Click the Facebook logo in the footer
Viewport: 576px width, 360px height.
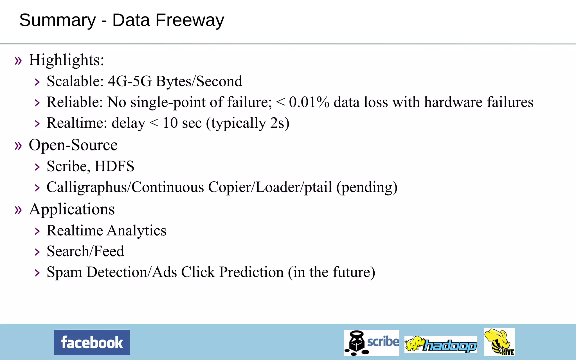coord(92,342)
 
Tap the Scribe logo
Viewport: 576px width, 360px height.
coord(372,343)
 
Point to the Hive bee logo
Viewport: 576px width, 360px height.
coord(499,342)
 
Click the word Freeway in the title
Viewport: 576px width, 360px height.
coord(190,20)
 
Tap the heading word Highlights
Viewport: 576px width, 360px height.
coord(66,60)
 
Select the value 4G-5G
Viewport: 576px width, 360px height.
coord(130,81)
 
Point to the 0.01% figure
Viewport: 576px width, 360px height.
coord(309,102)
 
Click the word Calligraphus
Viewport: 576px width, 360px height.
coord(87,187)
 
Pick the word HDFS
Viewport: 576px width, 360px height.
coord(114,166)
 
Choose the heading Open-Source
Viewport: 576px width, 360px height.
coord(73,145)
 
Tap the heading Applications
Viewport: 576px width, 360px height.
coord(72,209)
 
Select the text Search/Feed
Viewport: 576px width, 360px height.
coord(85,251)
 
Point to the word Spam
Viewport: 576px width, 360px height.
coord(64,272)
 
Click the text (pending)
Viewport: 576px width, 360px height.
coord(367,187)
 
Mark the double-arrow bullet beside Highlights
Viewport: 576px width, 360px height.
coord(18,60)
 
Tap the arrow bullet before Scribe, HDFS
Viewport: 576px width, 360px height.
coord(37,167)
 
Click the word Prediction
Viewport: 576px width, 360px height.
coord(251,272)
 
